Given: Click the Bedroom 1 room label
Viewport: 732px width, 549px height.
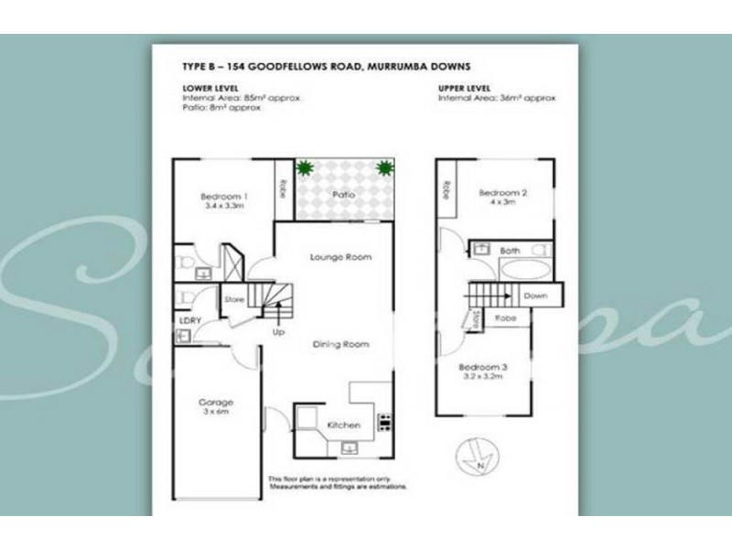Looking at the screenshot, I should pos(224,197).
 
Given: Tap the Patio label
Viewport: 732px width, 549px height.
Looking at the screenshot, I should pos(343,195).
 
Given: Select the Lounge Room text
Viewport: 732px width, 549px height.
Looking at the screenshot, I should pos(340,257).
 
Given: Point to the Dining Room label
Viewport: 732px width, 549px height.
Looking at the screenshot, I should pos(340,344).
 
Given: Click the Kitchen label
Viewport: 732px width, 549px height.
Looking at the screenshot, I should pos(344,425).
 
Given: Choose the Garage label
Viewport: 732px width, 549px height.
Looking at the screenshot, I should pos(217,402).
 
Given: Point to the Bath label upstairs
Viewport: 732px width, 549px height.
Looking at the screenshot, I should pos(510,249).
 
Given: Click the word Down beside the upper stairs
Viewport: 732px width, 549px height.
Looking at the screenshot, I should pos(534,296).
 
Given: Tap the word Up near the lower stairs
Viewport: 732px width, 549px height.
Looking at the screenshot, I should pos(277,331).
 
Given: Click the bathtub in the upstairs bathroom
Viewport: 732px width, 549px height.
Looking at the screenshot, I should pos(523,270).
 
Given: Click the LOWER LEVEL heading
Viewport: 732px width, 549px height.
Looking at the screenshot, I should pos(211,88).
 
